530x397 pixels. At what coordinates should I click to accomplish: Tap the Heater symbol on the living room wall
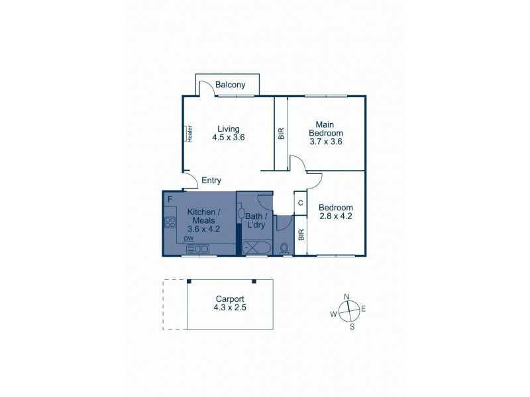[189, 134]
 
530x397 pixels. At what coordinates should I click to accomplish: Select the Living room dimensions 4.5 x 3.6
[229, 138]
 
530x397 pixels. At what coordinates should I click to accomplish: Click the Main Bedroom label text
[325, 128]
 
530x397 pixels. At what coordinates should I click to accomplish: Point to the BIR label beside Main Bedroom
[281, 133]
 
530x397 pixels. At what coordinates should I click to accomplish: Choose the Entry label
[211, 181]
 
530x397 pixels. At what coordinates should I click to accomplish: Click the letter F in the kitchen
[170, 198]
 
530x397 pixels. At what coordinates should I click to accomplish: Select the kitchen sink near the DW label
[197, 249]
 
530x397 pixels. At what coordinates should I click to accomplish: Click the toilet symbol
[285, 249]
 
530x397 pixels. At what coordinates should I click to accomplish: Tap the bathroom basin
[242, 214]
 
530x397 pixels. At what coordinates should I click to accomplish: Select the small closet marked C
[300, 203]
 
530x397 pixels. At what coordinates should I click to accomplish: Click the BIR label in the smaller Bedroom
[301, 234]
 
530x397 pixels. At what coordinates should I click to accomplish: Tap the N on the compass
[346, 297]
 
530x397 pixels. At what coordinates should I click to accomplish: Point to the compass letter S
[352, 326]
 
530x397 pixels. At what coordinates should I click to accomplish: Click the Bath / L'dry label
[256, 220]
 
